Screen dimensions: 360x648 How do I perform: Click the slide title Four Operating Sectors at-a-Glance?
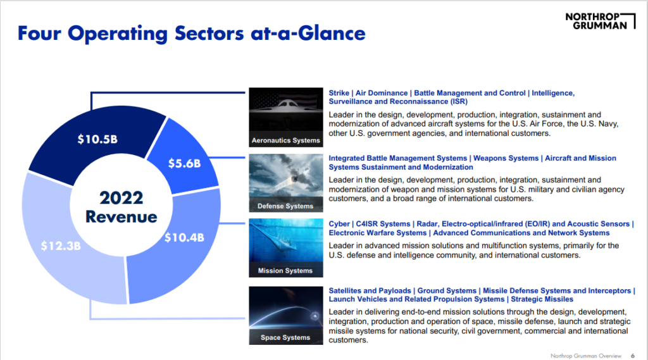(x=191, y=33)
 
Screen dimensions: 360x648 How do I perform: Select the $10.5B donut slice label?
(x=97, y=139)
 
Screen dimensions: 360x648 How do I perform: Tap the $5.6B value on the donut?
(x=184, y=163)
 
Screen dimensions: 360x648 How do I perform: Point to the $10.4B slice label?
(x=184, y=238)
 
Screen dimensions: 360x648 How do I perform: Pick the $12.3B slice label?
(x=61, y=245)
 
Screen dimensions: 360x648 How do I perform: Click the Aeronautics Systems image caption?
(x=285, y=140)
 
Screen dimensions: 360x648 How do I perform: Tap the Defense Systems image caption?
(x=285, y=206)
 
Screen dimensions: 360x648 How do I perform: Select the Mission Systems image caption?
(x=285, y=271)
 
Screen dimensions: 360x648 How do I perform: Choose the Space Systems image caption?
(x=285, y=337)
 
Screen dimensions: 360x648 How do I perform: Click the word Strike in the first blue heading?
(x=339, y=93)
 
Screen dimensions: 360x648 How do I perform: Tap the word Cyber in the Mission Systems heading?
(x=339, y=224)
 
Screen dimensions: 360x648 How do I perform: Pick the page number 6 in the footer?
(x=633, y=354)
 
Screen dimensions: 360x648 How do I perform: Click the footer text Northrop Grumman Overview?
(x=585, y=354)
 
